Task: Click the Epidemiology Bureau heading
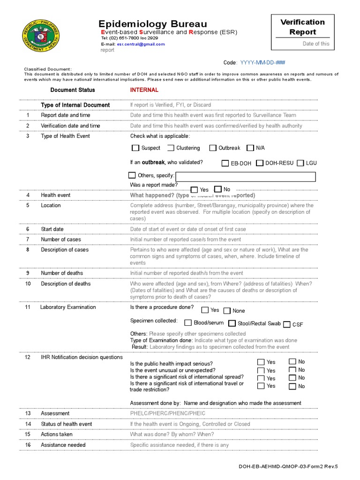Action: pyautogui.click(x=152, y=24)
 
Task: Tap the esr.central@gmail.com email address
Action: pyautogui.click(x=141, y=44)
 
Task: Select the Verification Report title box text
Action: pyautogui.click(x=302, y=27)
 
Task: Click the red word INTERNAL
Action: pyautogui.click(x=144, y=90)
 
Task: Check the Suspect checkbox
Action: pyautogui.click(x=136, y=148)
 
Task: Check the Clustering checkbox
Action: pyautogui.click(x=171, y=148)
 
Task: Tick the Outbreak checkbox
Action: pyautogui.click(x=213, y=148)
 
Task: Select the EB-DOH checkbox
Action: pyautogui.click(x=225, y=163)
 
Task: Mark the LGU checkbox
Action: pyautogui.click(x=300, y=163)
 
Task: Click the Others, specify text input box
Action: pyautogui.click(x=245, y=177)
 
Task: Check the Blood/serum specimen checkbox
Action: pyautogui.click(x=188, y=323)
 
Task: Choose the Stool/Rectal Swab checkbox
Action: pyautogui.click(x=232, y=323)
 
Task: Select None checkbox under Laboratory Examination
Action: pyautogui.click(x=227, y=311)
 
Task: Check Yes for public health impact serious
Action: pyautogui.click(x=261, y=362)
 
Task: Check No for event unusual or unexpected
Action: pyautogui.click(x=292, y=369)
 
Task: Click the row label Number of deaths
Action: pyautogui.click(x=62, y=273)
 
